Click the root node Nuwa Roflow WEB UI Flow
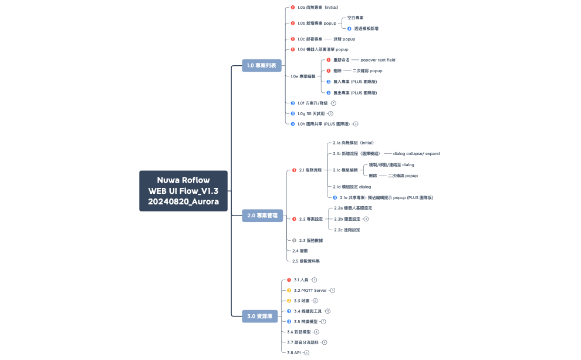coord(183,191)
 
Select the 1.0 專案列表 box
coord(262,66)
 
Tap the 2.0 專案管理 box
coord(262,216)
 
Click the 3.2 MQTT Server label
coord(310,290)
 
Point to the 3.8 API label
coord(294,352)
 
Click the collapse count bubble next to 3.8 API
coord(306,352)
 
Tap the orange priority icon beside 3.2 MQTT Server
coord(289,290)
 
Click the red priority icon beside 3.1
coord(289,280)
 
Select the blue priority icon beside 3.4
coord(289,311)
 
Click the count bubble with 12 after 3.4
coord(327,311)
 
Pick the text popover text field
coord(377,60)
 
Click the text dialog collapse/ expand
coord(412,153)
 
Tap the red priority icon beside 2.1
coord(294,170)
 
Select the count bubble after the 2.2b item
coord(366,219)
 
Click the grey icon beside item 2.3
coord(294,240)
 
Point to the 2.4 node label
coord(296,250)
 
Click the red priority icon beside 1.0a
coord(292,8)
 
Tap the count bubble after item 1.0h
coord(355,124)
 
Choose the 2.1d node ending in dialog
coord(352,186)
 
